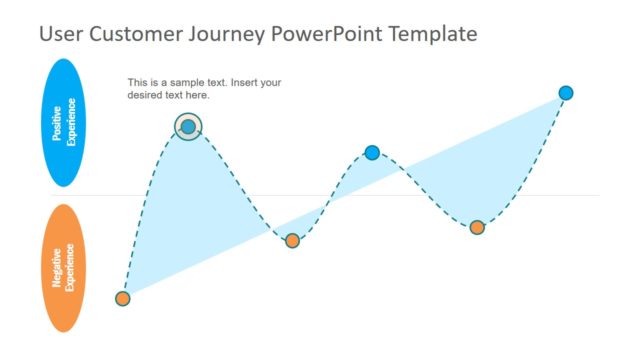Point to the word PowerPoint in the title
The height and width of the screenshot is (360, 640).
point(331,34)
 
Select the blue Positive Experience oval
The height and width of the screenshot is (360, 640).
point(64,122)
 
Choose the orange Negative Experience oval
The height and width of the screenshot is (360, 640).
point(64,267)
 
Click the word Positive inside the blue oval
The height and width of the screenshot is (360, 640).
point(57,122)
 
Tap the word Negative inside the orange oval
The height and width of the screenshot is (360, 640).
point(57,267)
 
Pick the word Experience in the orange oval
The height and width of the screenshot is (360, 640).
point(71,267)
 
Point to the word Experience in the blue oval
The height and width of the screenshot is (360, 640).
point(71,122)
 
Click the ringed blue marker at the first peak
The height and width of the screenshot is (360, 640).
point(188,126)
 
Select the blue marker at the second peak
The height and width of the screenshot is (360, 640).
point(372,153)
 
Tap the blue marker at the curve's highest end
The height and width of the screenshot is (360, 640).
point(566,93)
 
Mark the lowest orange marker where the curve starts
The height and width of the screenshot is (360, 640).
point(123,298)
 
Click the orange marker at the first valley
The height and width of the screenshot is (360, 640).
point(292,241)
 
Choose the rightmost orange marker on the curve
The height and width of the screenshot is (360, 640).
point(477,227)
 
